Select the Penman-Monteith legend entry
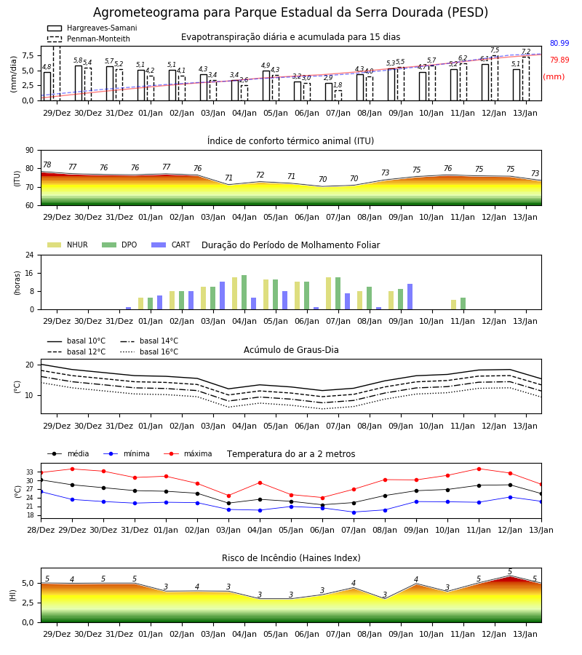(89, 39)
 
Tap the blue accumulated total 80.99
(559, 43)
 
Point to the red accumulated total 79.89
(559, 60)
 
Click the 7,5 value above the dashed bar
(495, 50)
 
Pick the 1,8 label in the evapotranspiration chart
(338, 85)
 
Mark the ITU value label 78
(47, 164)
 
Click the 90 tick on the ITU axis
(30, 150)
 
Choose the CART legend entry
(171, 245)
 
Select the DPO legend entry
(119, 245)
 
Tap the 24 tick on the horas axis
(30, 255)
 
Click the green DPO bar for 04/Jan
(244, 293)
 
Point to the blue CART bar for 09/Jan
(410, 297)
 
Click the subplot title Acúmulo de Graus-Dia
(291, 349)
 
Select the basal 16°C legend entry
(149, 352)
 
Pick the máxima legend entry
(188, 453)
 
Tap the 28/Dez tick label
(41, 530)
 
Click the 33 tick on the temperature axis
(30, 472)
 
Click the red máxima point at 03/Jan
(228, 496)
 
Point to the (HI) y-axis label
(12, 595)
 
